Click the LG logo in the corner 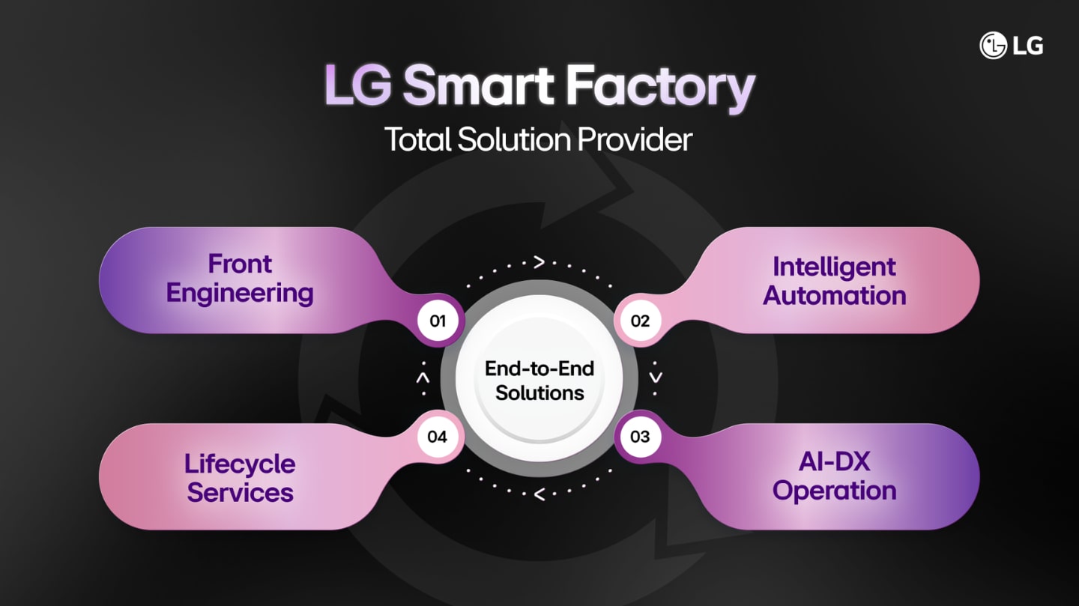point(1011,45)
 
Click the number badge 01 point(438,321)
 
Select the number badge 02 point(640,321)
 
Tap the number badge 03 point(640,436)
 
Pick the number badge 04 point(438,436)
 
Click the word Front point(240,264)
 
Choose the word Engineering point(240,293)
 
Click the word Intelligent point(834,267)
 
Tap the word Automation point(834,295)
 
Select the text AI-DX point(834,462)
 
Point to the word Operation point(834,491)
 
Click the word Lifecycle point(240,464)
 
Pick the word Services point(240,492)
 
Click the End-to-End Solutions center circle point(539,380)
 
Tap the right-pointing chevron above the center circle point(539,262)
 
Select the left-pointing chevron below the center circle point(539,494)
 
